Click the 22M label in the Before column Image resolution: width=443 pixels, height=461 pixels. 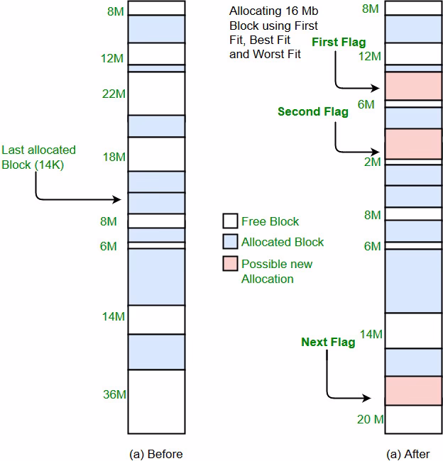click(114, 94)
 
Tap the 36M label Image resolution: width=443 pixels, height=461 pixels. click(114, 394)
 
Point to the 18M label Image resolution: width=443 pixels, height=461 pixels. click(114, 157)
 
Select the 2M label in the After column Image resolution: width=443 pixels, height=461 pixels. click(372, 162)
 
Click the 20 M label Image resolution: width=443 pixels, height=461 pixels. click(370, 419)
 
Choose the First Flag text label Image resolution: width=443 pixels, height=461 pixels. click(339, 43)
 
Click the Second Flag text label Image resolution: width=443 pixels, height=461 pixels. click(312, 111)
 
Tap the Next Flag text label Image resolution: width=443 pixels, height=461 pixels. click(328, 343)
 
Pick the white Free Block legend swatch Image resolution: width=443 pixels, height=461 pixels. click(229, 221)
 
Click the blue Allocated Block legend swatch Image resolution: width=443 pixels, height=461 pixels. click(229, 242)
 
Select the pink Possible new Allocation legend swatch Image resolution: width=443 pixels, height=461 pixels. click(229, 264)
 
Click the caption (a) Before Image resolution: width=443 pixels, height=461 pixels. click(155, 454)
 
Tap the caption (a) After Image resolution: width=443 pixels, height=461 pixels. click(412, 454)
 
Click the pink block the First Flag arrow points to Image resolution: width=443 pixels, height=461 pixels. click(412, 86)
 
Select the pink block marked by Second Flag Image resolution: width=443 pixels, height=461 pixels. click(412, 143)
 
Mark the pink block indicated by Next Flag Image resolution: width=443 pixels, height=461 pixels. click(412, 391)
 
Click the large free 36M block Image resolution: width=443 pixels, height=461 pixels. click(156, 401)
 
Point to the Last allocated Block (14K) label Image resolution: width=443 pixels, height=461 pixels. click(38, 157)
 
